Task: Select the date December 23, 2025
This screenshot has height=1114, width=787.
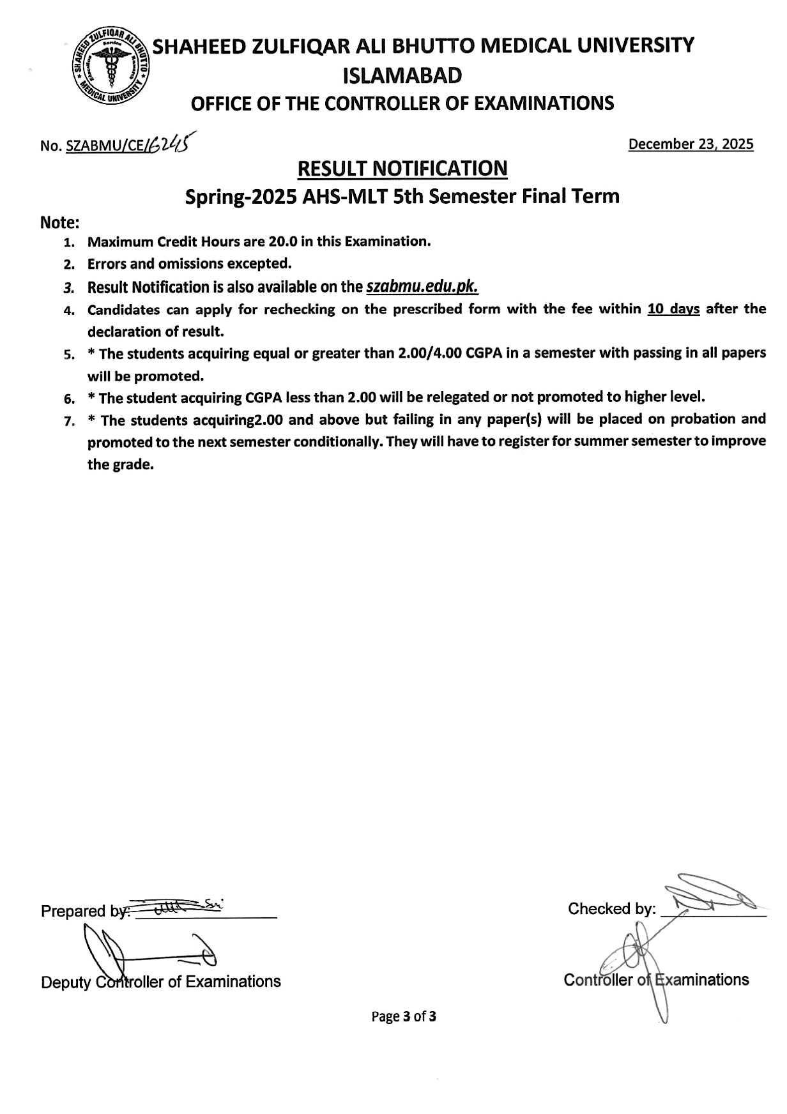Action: click(x=691, y=144)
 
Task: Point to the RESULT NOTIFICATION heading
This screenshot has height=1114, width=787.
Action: click(x=402, y=169)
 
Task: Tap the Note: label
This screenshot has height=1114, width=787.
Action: click(x=60, y=223)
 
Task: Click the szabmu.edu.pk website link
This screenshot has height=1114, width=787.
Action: click(x=422, y=287)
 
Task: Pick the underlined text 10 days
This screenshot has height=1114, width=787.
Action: click(x=673, y=309)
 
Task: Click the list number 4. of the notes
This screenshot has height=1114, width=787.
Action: click(x=69, y=311)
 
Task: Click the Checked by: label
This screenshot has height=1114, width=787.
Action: click(x=611, y=909)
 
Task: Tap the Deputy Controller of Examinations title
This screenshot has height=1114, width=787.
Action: click(x=161, y=982)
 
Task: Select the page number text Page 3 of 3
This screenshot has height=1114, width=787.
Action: click(x=404, y=1016)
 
